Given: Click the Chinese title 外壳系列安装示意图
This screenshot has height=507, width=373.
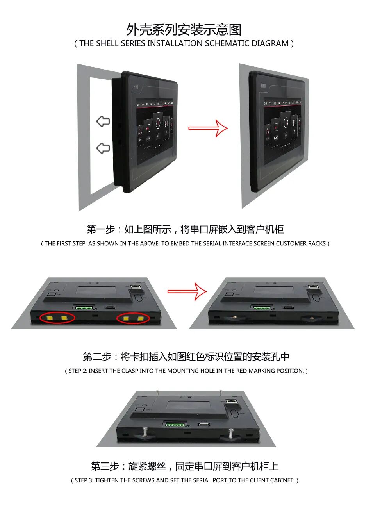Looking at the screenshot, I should (184, 30).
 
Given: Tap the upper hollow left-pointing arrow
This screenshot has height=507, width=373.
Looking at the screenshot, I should (103, 121).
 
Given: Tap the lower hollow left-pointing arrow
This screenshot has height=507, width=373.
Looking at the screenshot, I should (103, 148).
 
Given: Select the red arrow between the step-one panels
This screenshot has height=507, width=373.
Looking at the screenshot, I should (208, 128).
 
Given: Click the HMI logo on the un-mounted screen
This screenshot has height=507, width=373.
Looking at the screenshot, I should (136, 86).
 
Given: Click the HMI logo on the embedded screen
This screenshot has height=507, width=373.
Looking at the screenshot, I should (263, 86).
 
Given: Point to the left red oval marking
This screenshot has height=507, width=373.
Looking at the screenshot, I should (57, 318).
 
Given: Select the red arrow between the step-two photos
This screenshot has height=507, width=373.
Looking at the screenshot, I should (187, 291).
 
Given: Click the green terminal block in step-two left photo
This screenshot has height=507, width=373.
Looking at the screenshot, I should (84, 308).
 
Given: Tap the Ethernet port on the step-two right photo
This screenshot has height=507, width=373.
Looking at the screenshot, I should (313, 287).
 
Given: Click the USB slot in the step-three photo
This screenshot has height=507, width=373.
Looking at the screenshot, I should (204, 424).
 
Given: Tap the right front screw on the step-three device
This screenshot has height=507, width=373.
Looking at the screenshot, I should (231, 433).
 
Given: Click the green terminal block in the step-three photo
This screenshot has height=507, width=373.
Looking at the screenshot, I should (175, 425).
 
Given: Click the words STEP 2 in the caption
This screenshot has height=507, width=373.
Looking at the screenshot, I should (78, 371).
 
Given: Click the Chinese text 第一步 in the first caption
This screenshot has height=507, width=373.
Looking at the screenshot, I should (100, 229).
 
